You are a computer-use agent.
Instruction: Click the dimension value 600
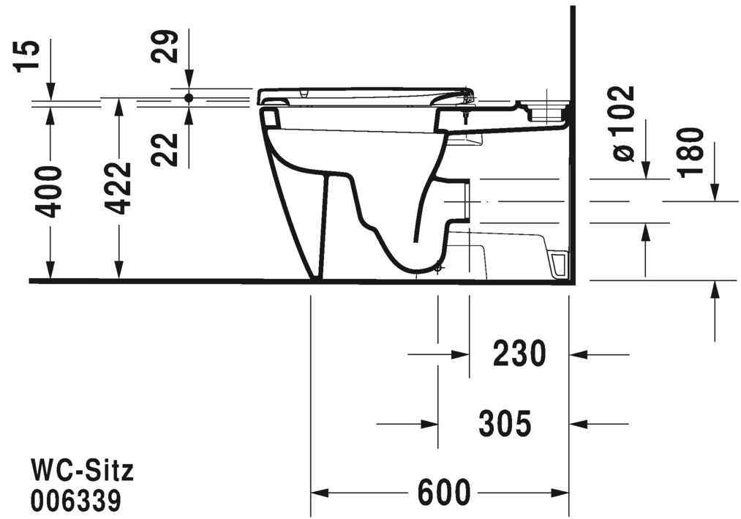pos(444,493)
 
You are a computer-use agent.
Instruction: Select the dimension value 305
pos(505,423)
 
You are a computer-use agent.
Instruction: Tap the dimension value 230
pos(519,354)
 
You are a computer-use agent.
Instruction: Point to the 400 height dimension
pos(50,191)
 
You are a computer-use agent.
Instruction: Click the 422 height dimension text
pos(119,188)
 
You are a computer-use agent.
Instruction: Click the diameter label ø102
pos(622,123)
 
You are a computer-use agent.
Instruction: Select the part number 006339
pos(75,501)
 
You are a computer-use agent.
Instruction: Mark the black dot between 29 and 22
pos(189,97)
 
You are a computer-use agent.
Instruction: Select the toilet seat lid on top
pos(366,94)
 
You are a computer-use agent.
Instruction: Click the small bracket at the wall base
pos(560,264)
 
